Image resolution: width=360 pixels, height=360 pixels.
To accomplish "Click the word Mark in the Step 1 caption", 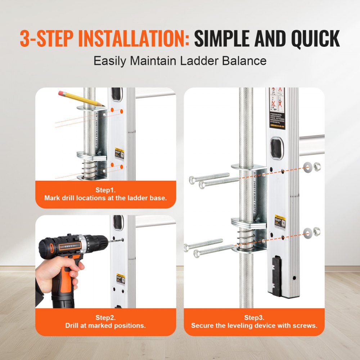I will point(51,198).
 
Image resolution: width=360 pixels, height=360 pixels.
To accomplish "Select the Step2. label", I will point(105,318).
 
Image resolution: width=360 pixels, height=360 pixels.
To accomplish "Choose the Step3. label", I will point(254,318).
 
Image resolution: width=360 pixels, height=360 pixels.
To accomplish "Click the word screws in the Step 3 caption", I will point(306,325).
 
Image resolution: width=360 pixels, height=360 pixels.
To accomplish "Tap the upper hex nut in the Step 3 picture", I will point(317,166).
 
